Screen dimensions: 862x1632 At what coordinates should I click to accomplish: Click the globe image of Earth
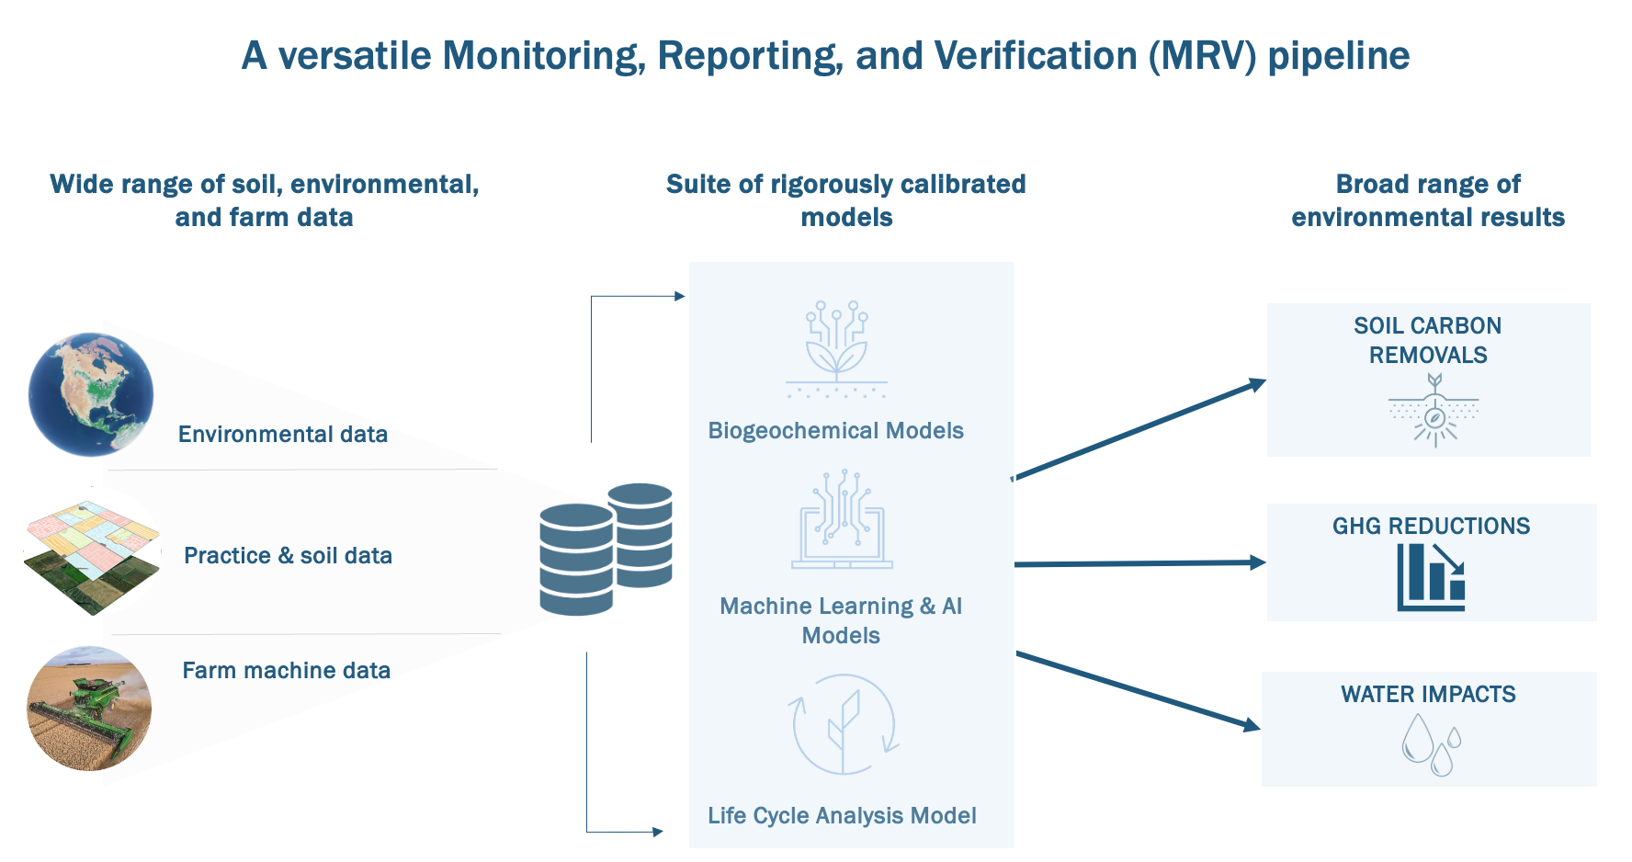point(91,394)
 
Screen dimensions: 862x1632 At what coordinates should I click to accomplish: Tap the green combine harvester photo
point(89,708)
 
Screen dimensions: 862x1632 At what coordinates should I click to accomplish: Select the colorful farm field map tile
point(92,556)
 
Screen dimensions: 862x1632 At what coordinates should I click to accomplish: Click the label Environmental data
point(282,434)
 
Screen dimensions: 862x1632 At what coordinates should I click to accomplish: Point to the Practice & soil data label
point(288,555)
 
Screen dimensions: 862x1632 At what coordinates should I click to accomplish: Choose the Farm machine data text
point(286,670)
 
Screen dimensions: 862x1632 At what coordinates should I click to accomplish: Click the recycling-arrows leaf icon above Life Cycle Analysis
point(843,724)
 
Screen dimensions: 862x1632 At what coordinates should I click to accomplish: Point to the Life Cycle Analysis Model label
point(842,815)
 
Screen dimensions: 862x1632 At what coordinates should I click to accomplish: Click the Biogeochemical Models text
point(835,430)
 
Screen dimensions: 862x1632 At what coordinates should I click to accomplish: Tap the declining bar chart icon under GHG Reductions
point(1431,577)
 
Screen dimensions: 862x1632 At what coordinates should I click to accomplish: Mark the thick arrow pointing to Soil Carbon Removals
point(1139,429)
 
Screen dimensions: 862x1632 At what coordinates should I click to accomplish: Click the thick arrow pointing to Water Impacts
point(1139,691)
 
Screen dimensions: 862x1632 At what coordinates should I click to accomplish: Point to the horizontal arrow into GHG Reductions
point(1139,563)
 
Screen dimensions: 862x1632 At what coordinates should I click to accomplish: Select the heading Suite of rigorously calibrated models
point(845,200)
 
